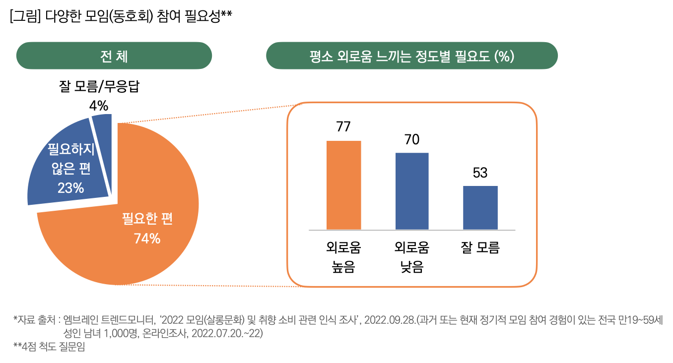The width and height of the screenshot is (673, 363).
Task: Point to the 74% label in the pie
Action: coord(147,239)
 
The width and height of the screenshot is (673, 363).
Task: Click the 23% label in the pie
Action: coord(70,188)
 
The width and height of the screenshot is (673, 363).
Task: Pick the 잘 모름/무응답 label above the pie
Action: coord(99,87)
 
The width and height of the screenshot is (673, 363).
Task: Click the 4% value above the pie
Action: coord(98,105)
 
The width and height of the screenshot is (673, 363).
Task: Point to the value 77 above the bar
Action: coord(343,126)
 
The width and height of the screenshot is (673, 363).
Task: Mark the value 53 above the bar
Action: coord(480,173)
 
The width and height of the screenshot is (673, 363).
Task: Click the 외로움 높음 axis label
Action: coord(343,258)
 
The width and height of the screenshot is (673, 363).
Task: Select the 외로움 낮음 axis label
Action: coord(412,258)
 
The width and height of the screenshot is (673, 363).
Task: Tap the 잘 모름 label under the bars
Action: coord(480,248)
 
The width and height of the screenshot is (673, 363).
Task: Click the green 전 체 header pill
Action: coord(114,56)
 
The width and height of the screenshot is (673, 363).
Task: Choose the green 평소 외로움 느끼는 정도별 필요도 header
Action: coord(411,56)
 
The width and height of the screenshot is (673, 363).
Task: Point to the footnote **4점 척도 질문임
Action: coord(49,347)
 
